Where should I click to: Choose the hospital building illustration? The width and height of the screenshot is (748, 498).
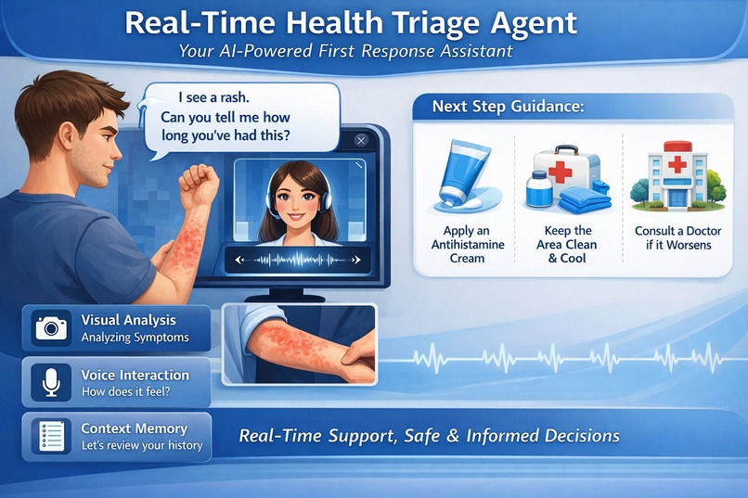coord(674,175)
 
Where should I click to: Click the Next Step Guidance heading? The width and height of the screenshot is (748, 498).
coord(508,107)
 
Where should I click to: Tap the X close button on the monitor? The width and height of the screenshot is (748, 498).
coord(361,140)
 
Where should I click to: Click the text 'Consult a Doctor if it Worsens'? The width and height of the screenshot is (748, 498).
coord(674,237)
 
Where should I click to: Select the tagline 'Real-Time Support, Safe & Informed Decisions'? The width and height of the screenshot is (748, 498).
coord(429,435)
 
